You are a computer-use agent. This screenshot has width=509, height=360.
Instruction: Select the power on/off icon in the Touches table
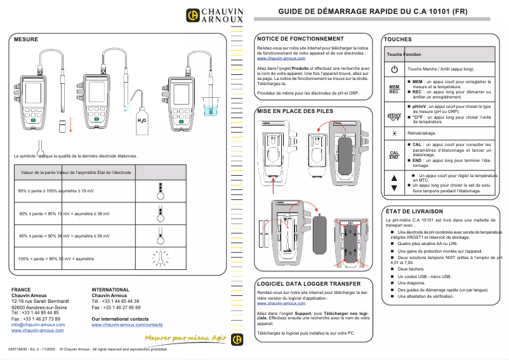tap(394, 69)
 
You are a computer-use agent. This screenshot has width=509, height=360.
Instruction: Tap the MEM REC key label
tap(394, 89)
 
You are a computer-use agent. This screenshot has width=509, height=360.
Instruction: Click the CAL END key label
tap(394, 155)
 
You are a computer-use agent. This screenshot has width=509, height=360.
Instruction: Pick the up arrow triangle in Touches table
tap(394, 178)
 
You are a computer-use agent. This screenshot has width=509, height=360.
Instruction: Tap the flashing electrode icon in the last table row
tap(161, 257)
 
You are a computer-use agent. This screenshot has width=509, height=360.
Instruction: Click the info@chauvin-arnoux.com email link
tap(38, 324)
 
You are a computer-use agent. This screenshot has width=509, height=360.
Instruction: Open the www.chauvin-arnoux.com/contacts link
tap(127, 324)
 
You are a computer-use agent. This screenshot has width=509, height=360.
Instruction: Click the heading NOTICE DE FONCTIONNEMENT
tap(300, 39)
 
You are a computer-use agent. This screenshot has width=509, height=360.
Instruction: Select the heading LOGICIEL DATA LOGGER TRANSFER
tap(308, 283)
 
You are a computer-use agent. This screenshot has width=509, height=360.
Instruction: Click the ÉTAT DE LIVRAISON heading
tap(414, 211)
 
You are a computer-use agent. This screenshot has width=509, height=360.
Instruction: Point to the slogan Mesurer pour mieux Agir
tap(185, 338)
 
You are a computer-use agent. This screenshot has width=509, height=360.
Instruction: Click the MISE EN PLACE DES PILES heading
tap(294, 110)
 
